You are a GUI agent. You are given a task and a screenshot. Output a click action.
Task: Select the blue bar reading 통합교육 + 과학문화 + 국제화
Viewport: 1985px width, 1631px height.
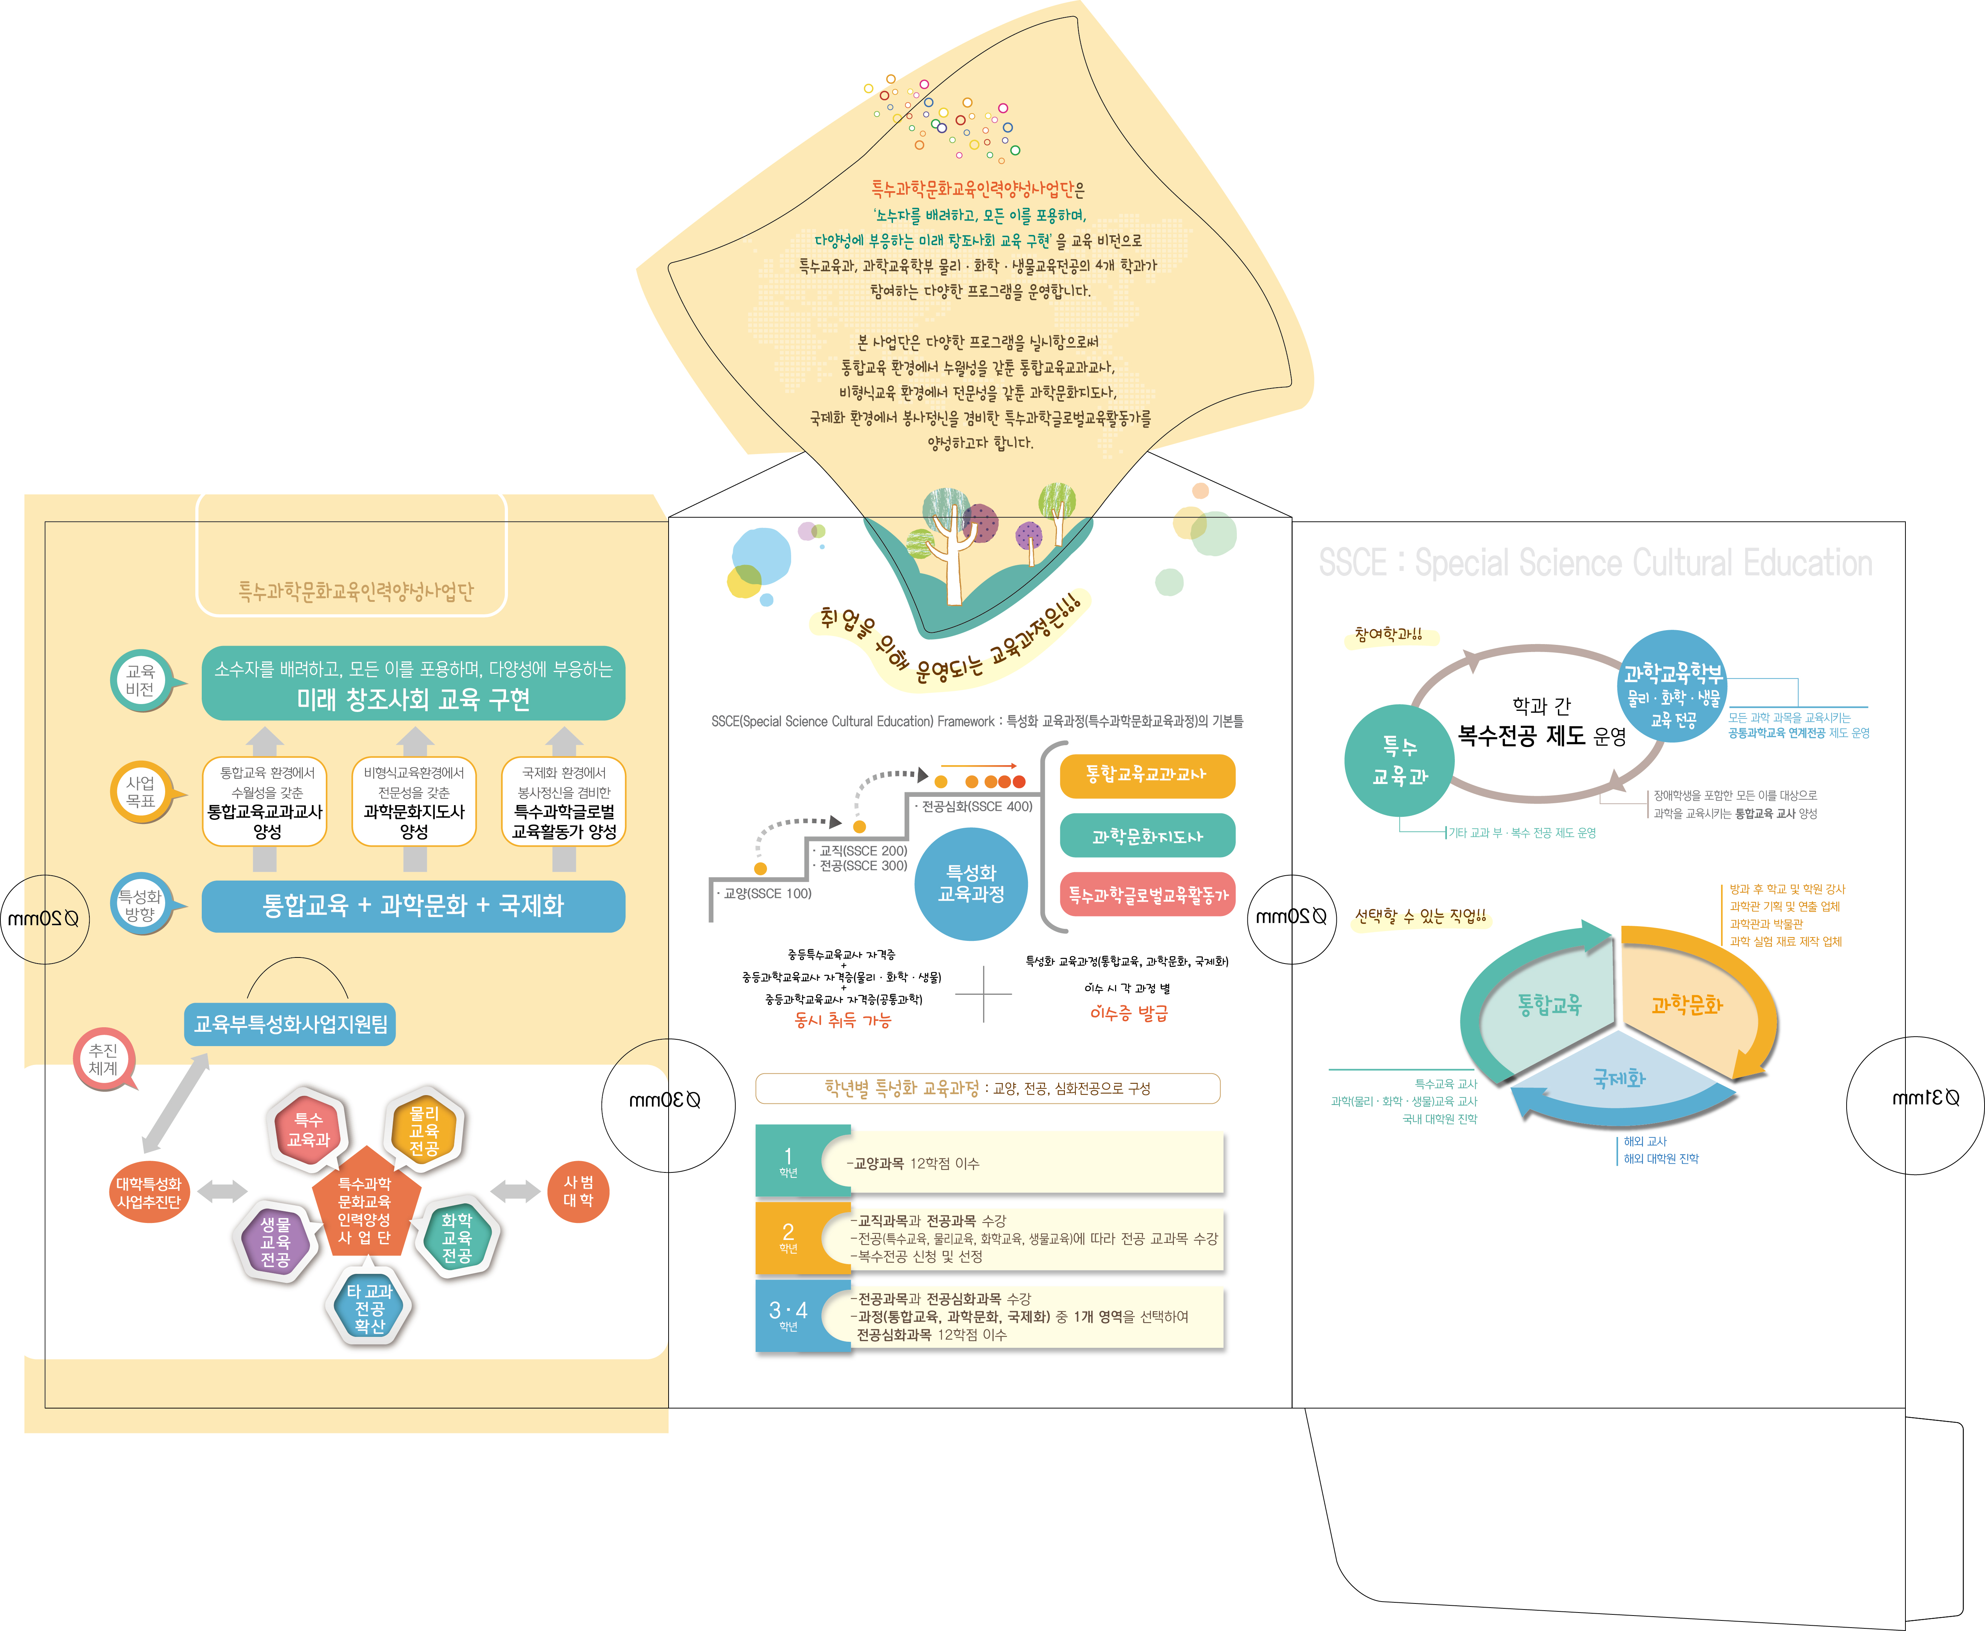pos(413,906)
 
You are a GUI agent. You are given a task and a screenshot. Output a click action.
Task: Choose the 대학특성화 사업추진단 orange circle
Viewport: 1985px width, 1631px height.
pos(149,1193)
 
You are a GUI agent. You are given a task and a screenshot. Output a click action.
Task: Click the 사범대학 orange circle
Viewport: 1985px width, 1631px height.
pos(578,1191)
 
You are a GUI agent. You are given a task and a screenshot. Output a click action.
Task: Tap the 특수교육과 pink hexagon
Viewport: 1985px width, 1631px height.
pos(308,1130)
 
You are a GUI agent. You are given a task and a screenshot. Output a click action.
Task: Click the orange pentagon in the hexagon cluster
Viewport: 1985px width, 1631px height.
pos(365,1207)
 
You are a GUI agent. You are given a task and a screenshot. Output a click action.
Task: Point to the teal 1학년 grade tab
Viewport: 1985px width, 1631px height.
pos(789,1161)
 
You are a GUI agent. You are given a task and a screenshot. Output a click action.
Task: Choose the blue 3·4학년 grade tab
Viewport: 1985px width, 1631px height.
pos(789,1315)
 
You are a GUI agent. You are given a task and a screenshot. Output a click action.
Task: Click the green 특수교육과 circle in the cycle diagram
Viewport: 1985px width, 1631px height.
pos(1400,761)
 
